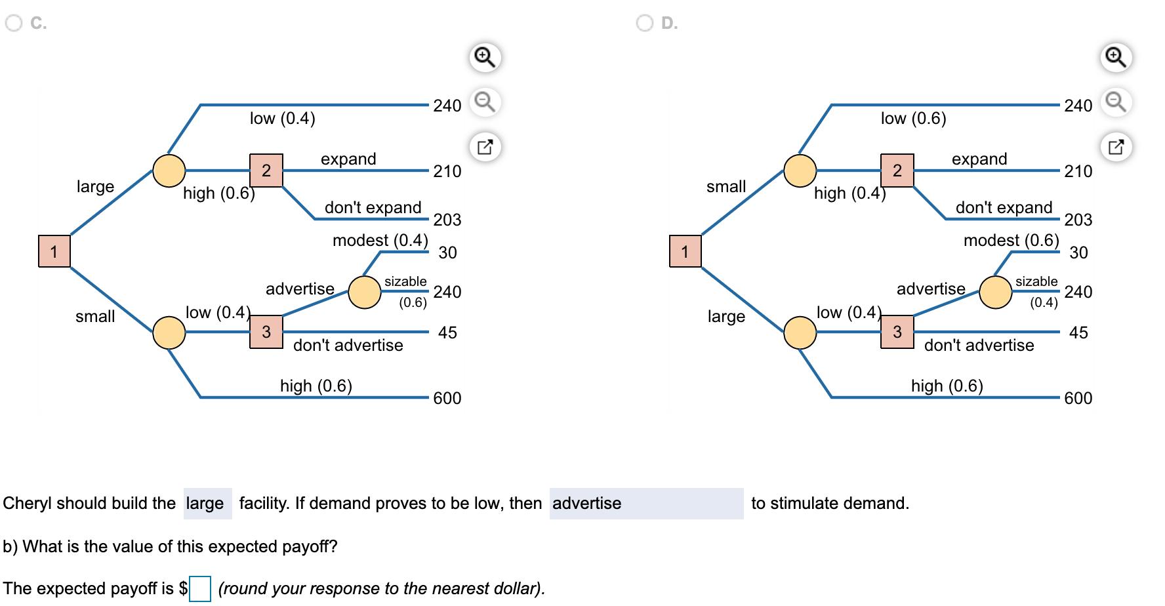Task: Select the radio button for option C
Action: pyautogui.click(x=14, y=23)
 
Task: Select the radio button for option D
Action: pyautogui.click(x=645, y=23)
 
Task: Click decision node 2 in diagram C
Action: pyautogui.click(x=266, y=171)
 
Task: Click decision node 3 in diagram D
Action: pyautogui.click(x=897, y=332)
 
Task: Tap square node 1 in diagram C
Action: pyautogui.click(x=54, y=251)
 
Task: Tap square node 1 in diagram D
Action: pyautogui.click(x=685, y=251)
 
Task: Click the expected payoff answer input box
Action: pyautogui.click(x=200, y=588)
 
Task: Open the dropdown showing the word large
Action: pyautogui.click(x=207, y=504)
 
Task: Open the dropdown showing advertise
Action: pyautogui.click(x=646, y=504)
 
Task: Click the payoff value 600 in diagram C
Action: pyautogui.click(x=447, y=398)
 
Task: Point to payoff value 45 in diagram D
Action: pyautogui.click(x=1078, y=333)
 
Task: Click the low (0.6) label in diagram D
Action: pyautogui.click(x=914, y=118)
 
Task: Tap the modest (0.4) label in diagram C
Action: pyautogui.click(x=380, y=240)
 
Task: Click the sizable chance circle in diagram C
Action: pyautogui.click(x=365, y=292)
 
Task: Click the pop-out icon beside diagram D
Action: pyautogui.click(x=1116, y=147)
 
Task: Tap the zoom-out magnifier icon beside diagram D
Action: pyautogui.click(x=1116, y=102)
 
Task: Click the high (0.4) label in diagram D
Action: pyautogui.click(x=849, y=193)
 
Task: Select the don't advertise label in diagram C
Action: pyautogui.click(x=348, y=345)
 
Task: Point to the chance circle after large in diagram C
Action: pyautogui.click(x=169, y=171)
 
